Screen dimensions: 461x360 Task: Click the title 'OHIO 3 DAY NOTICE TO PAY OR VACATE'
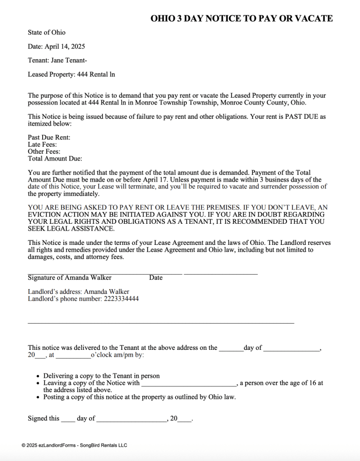241,19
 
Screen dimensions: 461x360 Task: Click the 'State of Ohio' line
47,32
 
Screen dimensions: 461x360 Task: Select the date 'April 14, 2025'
65,46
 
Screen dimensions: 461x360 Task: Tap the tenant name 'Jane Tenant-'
69,60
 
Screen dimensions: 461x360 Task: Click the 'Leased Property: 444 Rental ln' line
71,74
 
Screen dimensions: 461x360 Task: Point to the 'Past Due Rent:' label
49,137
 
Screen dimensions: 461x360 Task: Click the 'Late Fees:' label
42,145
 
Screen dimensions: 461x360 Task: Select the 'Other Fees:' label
44,152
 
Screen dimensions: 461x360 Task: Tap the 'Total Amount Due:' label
55,159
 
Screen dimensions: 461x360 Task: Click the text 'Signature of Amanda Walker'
69,278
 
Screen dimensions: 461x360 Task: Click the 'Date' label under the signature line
156,278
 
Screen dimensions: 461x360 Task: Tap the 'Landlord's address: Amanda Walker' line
78,292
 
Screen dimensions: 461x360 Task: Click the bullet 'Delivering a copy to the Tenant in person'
101,376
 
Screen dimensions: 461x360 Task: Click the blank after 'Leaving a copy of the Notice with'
189,383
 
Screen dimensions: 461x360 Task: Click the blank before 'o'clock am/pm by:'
73,355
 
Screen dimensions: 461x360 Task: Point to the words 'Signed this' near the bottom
44,419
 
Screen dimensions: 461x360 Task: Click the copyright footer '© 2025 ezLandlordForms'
74,445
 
